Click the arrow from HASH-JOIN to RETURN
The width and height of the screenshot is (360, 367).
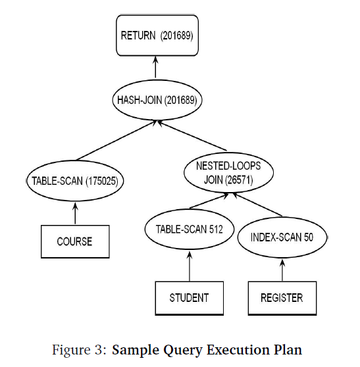click(155, 67)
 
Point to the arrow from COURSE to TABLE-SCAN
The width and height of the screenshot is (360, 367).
click(75, 213)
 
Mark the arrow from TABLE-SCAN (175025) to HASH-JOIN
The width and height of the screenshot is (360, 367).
click(116, 141)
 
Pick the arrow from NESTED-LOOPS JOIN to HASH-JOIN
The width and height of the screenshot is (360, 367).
click(192, 135)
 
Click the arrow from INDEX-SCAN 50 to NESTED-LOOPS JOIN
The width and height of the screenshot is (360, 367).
click(257, 205)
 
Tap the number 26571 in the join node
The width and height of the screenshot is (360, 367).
click(239, 180)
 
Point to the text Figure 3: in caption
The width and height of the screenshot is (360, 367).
click(80, 350)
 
